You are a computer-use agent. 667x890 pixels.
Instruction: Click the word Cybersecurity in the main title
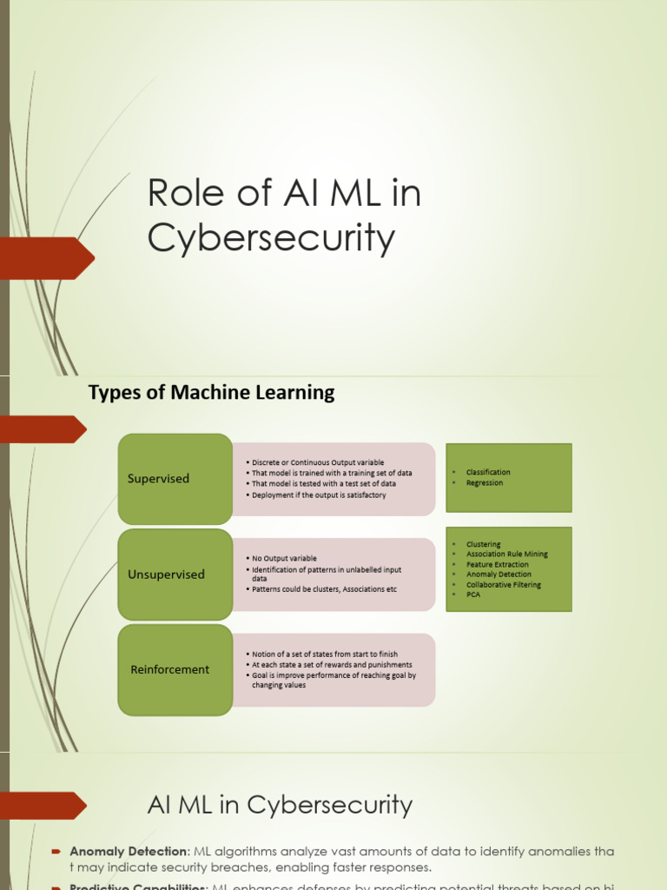271,238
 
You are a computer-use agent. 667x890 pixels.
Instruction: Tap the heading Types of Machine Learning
211,392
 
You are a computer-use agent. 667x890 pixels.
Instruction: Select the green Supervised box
175,479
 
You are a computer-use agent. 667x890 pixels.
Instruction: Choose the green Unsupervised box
175,575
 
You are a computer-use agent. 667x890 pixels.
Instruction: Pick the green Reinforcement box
175,670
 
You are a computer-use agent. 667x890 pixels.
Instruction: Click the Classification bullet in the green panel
488,472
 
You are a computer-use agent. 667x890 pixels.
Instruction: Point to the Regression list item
484,483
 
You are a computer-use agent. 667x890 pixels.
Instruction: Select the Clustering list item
483,544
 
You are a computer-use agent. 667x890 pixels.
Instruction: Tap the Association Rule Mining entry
506,555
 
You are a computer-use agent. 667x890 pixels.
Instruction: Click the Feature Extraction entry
497,565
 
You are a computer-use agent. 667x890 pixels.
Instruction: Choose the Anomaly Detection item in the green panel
499,575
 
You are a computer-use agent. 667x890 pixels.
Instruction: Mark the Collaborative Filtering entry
503,585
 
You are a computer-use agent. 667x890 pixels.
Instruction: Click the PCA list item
473,595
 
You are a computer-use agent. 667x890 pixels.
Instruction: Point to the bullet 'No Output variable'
284,558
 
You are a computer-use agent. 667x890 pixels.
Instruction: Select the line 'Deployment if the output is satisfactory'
319,495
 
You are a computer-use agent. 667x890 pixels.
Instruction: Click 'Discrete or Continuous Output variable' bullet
317,462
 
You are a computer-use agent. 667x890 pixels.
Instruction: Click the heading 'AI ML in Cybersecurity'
280,805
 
